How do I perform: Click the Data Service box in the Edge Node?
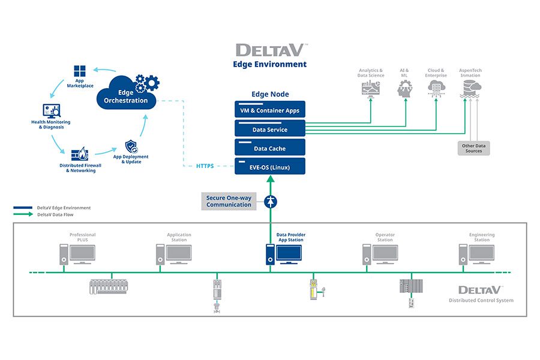coord(269,129)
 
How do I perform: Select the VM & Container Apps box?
coord(269,110)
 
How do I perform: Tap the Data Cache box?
coord(269,148)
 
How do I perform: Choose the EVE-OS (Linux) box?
coord(269,166)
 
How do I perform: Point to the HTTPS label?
coord(205,166)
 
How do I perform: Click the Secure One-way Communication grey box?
coord(229,201)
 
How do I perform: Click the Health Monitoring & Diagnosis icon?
coord(51,111)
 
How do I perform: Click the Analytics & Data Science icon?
coord(370,89)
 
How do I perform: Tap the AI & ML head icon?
coord(404,89)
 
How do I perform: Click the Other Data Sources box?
coord(473,148)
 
